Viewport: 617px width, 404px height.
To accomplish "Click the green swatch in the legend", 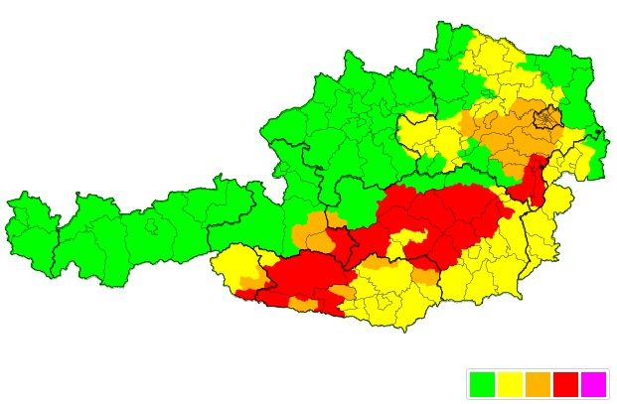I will click(x=482, y=383).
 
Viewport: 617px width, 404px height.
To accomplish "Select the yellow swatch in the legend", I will click(x=510, y=383).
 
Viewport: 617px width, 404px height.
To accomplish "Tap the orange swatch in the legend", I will click(x=538, y=383).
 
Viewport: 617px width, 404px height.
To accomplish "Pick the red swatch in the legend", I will click(x=565, y=383).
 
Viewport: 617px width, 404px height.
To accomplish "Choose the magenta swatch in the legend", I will click(x=593, y=383).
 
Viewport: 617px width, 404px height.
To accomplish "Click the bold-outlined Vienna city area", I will click(x=545, y=120).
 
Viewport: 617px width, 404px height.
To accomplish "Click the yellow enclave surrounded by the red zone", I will click(x=408, y=242).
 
